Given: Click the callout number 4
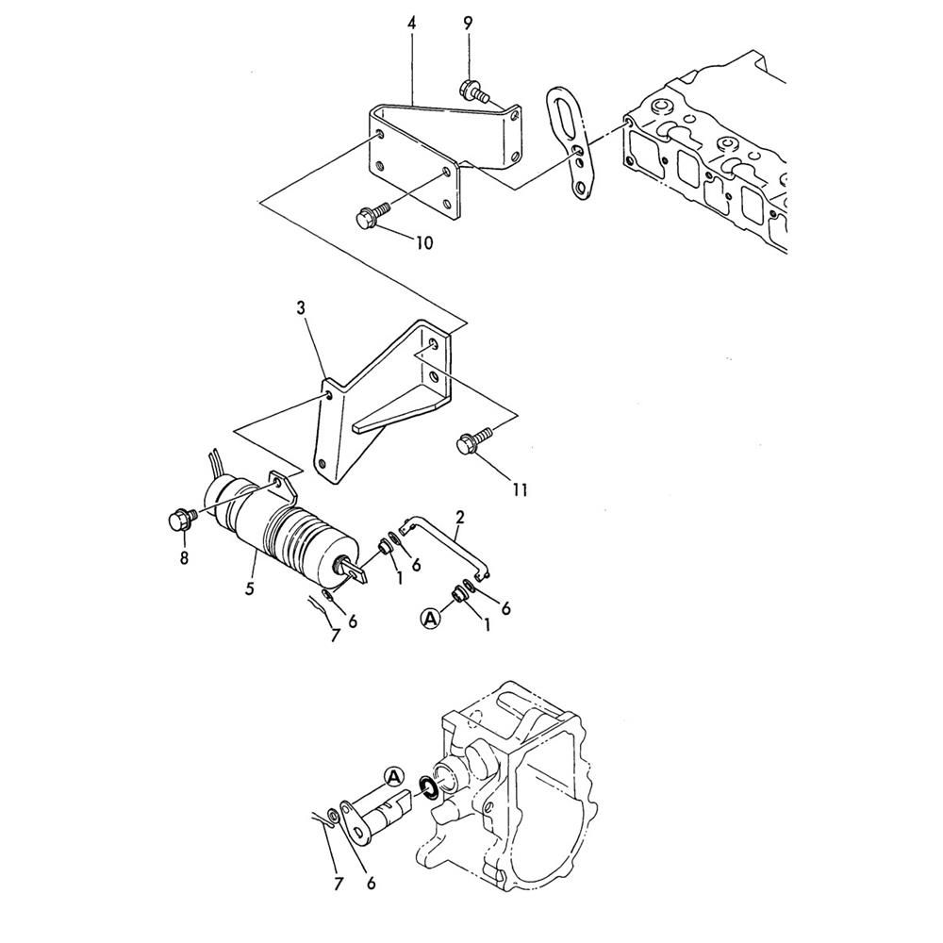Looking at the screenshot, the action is pos(411,24).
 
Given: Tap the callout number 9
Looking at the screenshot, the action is pos(468,24).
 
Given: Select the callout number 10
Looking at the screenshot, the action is pos(423,243).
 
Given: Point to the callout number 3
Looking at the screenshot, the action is pos(301,308).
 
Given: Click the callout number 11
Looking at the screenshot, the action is pos(521,490).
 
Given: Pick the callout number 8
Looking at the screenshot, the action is pos(184,558).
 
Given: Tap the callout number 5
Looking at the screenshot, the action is pos(250,587).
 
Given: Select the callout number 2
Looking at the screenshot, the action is pos(460,517).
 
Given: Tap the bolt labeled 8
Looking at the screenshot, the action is pos(181,519).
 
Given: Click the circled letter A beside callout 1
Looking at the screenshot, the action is pos(430,619).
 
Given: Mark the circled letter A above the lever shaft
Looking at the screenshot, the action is pos(393,777).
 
